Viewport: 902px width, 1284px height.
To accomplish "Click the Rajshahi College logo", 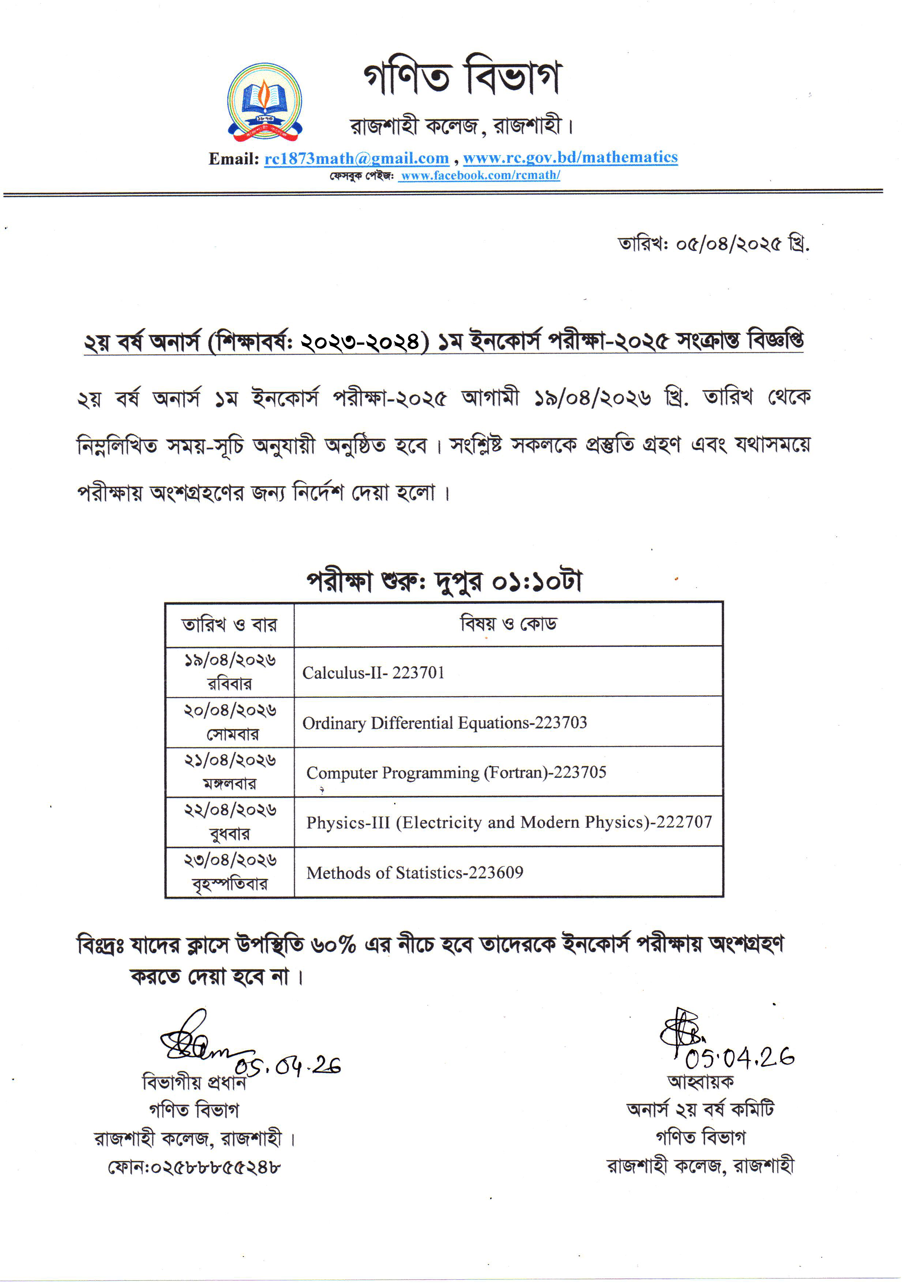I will click(264, 102).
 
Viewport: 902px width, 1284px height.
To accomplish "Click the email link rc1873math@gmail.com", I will click(357, 159).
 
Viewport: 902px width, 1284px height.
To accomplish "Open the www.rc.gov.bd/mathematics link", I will click(570, 158).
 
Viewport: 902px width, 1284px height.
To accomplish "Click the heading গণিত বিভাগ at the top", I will click(462, 76).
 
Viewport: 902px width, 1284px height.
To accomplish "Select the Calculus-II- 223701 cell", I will click(373, 673).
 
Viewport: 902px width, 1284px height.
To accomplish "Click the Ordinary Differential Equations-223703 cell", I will click(444, 723).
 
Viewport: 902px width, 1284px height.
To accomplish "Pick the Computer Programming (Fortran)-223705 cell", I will click(456, 773).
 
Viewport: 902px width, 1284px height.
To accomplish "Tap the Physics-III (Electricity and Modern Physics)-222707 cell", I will click(508, 823).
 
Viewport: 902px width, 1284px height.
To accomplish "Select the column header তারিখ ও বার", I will click(229, 625).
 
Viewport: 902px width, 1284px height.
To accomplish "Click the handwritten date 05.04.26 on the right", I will click(739, 1057).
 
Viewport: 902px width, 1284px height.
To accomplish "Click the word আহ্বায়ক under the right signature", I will click(701, 1082).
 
